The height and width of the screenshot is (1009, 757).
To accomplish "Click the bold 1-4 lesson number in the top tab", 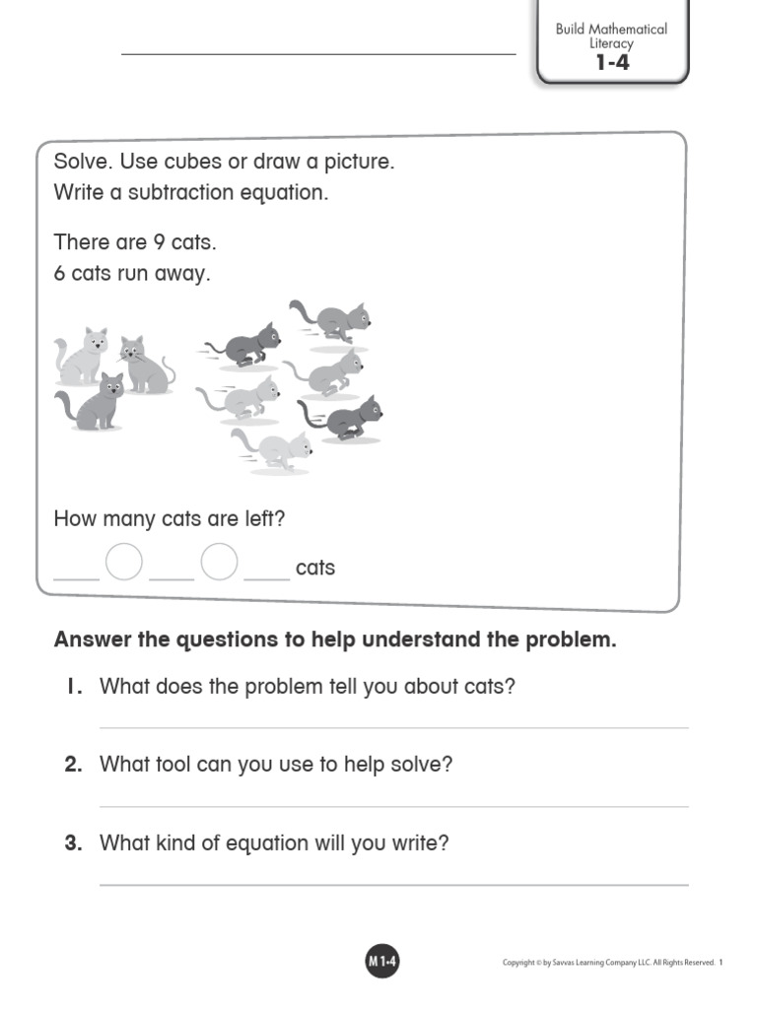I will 611,64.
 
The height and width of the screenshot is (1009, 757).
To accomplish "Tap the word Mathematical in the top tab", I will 628,29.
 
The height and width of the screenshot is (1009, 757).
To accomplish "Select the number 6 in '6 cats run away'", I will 60,274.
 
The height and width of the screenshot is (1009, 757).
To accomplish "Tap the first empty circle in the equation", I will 124,563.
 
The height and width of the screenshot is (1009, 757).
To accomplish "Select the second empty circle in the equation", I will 220,563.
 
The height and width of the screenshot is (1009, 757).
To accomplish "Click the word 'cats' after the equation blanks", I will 315,568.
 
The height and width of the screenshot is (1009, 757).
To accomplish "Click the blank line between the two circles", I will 172,576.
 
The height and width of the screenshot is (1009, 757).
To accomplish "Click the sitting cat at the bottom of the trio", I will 93,402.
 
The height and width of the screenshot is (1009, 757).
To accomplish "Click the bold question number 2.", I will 73,765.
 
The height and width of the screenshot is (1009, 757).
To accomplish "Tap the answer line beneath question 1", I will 394,728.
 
